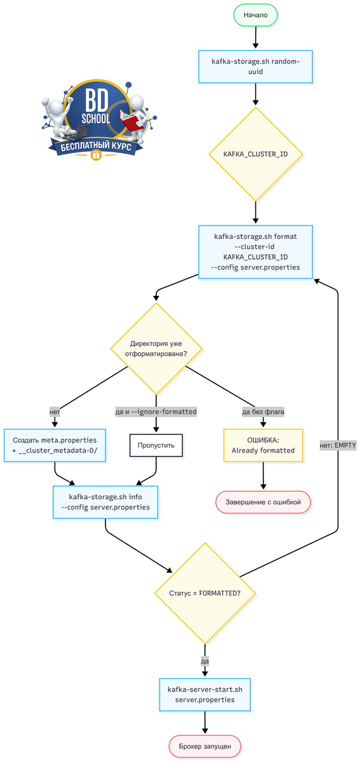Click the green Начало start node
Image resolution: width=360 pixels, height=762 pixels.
tap(255, 15)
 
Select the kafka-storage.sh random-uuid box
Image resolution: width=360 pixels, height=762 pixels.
tap(255, 67)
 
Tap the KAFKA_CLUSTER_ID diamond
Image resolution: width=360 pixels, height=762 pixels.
tap(255, 154)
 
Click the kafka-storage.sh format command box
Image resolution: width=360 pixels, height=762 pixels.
tap(255, 251)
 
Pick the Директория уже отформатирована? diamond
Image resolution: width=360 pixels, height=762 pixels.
tap(156, 349)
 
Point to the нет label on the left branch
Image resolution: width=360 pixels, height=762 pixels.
tap(55, 412)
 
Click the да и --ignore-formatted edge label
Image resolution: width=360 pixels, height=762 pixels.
tap(156, 412)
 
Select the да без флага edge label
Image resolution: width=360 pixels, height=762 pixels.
tap(263, 412)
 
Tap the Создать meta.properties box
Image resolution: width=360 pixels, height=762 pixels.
tap(55, 445)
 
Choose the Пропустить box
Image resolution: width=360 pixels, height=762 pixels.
tap(156, 445)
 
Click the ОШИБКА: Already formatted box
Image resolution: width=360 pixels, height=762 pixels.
tap(263, 445)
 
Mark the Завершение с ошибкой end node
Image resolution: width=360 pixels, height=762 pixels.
tap(263, 502)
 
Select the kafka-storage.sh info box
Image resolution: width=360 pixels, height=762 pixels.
tap(105, 502)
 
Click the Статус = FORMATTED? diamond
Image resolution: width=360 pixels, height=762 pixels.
tap(205, 593)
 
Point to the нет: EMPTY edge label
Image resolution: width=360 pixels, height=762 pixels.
tap(338, 445)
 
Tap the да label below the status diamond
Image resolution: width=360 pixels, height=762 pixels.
tap(204, 661)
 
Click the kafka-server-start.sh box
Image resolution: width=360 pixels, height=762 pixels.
tap(205, 695)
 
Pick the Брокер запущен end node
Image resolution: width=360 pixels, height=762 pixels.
tap(205, 746)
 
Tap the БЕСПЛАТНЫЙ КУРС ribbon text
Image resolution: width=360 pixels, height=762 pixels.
tap(96, 147)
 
